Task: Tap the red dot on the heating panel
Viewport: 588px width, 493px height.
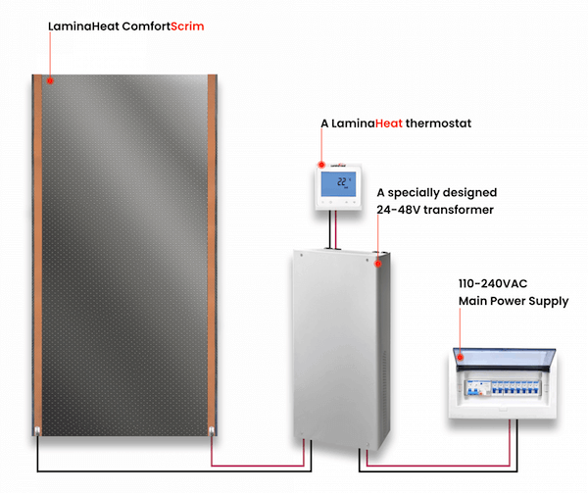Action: (50, 80)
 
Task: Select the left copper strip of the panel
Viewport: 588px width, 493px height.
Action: (37, 255)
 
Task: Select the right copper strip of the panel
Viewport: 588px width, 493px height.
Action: (212, 255)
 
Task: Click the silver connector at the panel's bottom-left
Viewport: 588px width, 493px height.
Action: (37, 431)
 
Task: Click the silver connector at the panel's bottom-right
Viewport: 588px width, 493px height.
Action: (212, 431)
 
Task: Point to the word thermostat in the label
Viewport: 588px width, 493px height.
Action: (438, 123)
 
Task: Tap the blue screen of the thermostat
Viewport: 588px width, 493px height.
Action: (338, 184)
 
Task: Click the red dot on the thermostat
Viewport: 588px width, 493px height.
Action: (321, 165)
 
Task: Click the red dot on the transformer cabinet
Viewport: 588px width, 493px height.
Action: (378, 264)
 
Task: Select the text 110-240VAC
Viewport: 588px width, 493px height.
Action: (493, 284)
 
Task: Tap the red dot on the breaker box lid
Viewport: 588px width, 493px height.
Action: (460, 358)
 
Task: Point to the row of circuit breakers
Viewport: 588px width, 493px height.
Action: (503, 388)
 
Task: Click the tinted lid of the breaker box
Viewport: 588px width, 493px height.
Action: (505, 359)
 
